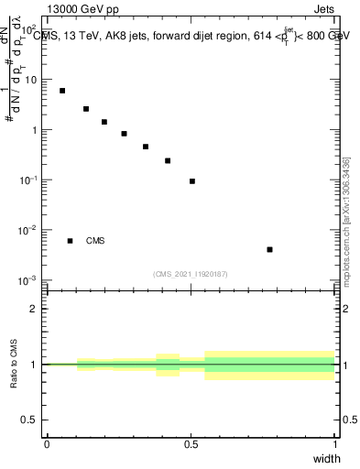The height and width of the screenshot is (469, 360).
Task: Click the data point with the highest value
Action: coord(62,91)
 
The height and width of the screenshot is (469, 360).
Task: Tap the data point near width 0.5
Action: coord(192,181)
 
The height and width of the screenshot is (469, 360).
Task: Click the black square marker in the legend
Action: coord(70,241)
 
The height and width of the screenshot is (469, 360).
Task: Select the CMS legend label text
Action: coord(95,241)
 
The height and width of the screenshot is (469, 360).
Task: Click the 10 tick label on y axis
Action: coord(33,80)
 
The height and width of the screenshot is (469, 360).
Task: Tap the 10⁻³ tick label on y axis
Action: coord(29,279)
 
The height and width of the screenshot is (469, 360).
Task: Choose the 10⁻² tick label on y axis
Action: coord(29,230)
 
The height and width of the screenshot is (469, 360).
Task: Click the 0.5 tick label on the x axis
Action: coord(191,444)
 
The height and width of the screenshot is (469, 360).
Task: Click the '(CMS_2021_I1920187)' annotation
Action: coord(191,274)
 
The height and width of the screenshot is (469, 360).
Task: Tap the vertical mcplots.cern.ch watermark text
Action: coord(347,229)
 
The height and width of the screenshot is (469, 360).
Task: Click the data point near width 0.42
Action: coord(168,160)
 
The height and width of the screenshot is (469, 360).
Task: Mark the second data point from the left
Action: coord(86,109)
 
